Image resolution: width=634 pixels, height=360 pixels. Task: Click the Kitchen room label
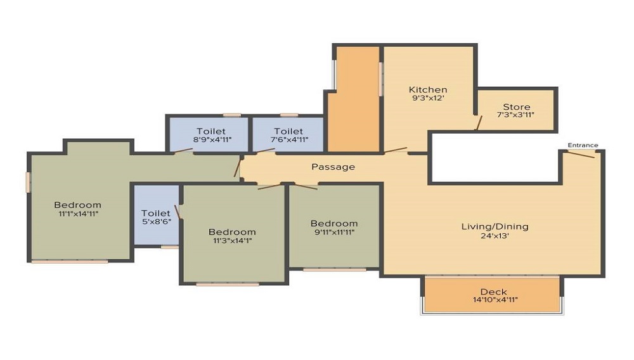click(x=428, y=89)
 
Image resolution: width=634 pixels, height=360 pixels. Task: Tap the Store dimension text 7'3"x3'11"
click(x=515, y=115)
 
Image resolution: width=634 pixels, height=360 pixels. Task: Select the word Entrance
click(x=583, y=145)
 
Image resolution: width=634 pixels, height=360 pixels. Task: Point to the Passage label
click(x=333, y=167)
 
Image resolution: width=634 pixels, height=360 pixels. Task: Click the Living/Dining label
click(x=495, y=227)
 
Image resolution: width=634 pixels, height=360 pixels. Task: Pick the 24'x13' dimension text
click(x=495, y=236)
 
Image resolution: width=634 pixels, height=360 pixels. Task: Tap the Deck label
click(x=494, y=292)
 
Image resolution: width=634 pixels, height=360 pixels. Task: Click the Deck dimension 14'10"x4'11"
click(x=495, y=300)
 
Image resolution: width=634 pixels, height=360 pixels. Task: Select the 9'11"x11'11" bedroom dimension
click(x=334, y=232)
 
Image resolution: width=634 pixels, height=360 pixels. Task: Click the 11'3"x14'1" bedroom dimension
click(x=232, y=241)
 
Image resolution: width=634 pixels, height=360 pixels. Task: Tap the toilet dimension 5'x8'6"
click(x=156, y=221)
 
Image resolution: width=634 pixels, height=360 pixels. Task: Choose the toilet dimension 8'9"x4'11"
click(x=212, y=140)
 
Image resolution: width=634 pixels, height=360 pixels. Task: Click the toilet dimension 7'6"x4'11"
click(x=289, y=140)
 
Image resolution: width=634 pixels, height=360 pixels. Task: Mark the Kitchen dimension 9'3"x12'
click(x=428, y=98)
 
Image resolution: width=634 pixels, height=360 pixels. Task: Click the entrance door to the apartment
click(x=581, y=154)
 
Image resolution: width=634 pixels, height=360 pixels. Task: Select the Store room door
click(x=478, y=123)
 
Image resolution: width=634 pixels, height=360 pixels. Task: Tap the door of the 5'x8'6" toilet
click(x=177, y=212)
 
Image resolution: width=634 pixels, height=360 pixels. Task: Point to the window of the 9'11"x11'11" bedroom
click(x=334, y=269)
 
